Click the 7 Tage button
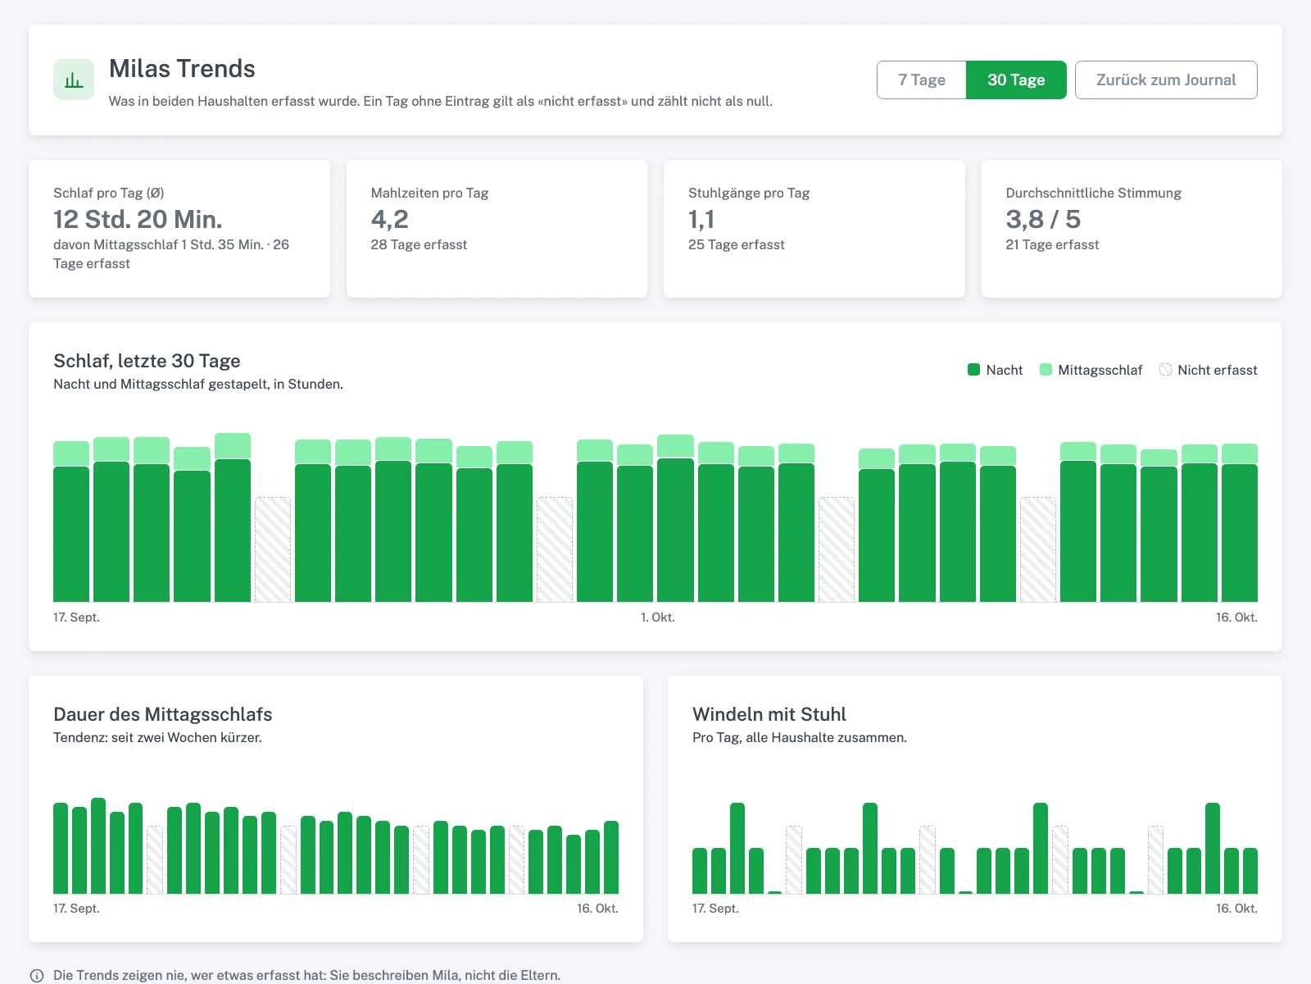pos(922,80)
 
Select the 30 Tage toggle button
pos(1016,80)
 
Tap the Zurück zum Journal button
pos(1166,80)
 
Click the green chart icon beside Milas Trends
pos(74,80)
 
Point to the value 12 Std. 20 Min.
pos(138,219)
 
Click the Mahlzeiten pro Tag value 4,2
pos(389,219)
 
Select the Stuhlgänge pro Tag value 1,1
pos(701,219)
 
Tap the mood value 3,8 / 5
pos(1043,219)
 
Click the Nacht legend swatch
pos(973,370)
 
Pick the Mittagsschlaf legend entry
pos(1091,370)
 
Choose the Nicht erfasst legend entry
pos(1209,370)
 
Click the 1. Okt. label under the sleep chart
pos(658,617)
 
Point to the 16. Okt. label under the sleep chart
pos(1236,617)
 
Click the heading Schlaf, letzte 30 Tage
pos(147,361)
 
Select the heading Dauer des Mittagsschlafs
pos(162,714)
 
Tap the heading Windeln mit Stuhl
pos(769,714)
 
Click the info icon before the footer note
pos(37,975)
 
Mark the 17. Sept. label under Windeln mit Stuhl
pos(715,908)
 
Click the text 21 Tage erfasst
pos(1052,244)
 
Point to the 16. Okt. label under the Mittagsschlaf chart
pos(597,908)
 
